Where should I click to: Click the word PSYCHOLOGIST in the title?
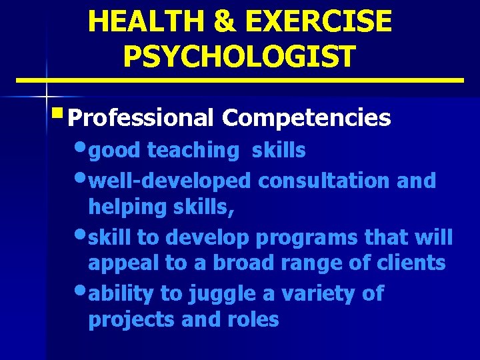[240, 57]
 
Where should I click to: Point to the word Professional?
[141, 118]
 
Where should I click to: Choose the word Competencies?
[307, 118]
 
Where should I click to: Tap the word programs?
[315, 237]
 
